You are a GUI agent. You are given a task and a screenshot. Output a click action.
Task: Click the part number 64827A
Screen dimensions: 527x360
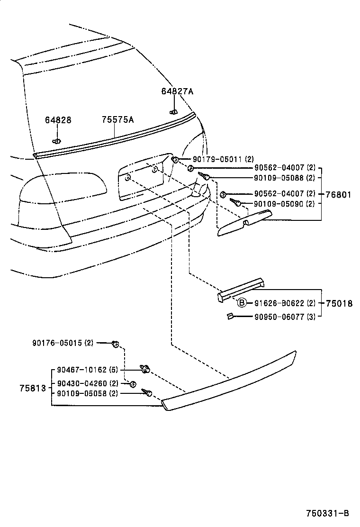tap(177, 91)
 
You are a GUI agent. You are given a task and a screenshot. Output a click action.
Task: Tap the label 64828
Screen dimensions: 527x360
tap(58, 120)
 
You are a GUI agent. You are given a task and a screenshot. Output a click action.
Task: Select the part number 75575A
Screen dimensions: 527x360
tap(117, 120)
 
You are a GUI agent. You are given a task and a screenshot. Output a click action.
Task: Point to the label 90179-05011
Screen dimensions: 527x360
tap(217, 159)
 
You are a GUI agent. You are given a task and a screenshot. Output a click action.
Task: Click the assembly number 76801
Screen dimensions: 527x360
tap(338, 194)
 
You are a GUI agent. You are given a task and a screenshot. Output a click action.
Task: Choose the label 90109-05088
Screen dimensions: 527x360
tap(278, 178)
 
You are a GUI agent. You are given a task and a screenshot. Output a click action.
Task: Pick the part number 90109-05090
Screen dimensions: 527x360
tap(278, 204)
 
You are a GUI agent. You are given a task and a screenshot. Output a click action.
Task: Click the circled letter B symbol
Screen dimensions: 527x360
tap(242, 303)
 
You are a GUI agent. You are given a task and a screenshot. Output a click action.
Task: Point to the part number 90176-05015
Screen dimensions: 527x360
tap(57, 343)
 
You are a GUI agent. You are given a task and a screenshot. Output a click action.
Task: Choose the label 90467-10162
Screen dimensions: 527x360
tap(81, 370)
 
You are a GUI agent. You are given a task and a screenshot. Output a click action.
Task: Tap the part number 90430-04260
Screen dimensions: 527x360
tap(81, 383)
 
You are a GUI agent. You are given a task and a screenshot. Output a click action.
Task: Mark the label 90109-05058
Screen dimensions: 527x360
tap(81, 393)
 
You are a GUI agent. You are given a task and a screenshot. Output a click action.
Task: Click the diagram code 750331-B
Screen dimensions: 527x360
tap(327, 513)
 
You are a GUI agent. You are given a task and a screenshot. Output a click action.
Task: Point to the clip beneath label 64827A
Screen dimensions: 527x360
tap(173, 112)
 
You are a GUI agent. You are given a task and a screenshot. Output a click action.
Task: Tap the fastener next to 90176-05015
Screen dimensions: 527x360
tap(115, 344)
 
